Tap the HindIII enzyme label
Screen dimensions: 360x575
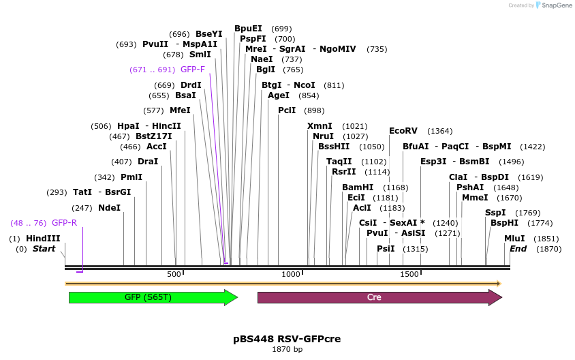pos(43,239)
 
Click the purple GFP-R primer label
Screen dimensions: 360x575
pos(64,223)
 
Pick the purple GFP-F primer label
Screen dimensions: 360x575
pos(192,70)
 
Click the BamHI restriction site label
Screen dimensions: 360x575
pos(358,187)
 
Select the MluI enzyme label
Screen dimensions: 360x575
pos(514,239)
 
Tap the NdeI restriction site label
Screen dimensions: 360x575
pos(109,207)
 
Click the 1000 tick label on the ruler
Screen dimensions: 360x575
pos(291,274)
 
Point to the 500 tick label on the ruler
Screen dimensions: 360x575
pos(174,274)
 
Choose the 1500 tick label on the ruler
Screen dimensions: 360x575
pos(409,274)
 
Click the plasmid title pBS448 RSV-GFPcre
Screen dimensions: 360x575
pos(287,339)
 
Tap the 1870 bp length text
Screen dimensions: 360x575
pos(287,349)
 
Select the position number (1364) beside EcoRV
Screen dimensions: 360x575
pos(439,131)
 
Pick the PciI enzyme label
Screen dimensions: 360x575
pos(287,110)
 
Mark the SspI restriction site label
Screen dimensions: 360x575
pos(495,213)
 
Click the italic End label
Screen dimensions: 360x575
pos(518,249)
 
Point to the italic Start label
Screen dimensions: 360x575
pos(44,249)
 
